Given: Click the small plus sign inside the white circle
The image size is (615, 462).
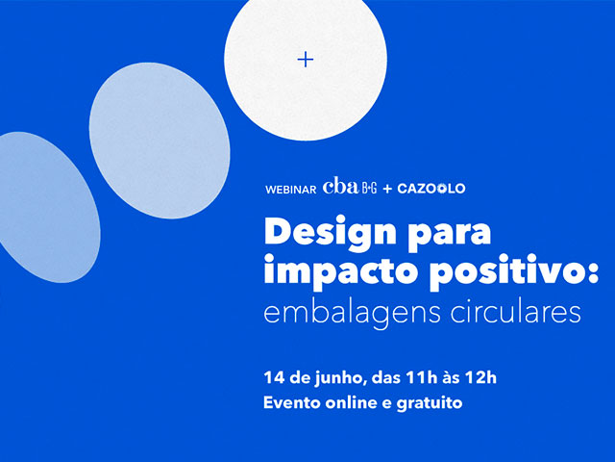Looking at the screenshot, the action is (306, 60).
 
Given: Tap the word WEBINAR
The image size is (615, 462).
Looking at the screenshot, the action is (290, 190).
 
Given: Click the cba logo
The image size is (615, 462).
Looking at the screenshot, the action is (340, 186).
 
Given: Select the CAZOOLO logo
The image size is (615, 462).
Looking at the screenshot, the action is (431, 189).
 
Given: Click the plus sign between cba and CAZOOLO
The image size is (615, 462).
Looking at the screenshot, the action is (387, 189).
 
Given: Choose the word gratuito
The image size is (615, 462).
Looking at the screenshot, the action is (430, 404).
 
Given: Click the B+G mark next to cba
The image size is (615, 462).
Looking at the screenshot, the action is (369, 189).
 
